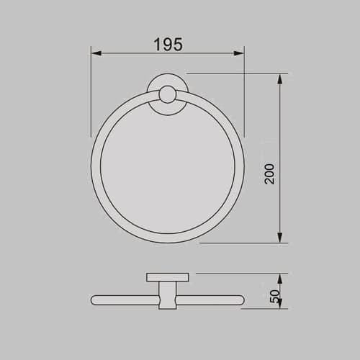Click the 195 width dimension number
(167, 44)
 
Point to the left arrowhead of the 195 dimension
(95, 53)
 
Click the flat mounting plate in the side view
(168, 277)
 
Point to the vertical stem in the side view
(168, 295)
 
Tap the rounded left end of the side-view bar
(95, 300)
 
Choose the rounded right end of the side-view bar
(242, 300)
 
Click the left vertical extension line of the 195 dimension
(91, 94)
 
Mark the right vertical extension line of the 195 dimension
(245, 94)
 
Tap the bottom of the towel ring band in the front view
(168, 239)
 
